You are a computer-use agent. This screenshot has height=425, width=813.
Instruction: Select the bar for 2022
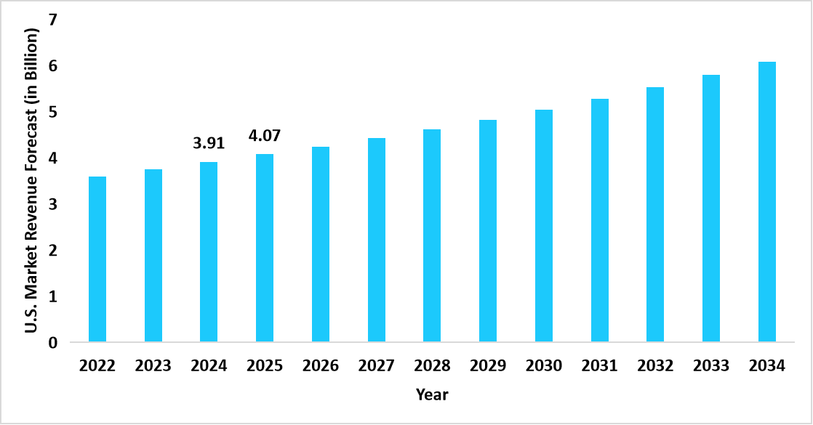point(97,259)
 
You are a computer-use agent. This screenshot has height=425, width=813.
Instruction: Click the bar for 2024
point(209,252)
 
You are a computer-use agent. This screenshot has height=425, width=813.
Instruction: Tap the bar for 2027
point(377,240)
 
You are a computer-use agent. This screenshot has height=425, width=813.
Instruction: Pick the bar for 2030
point(544,226)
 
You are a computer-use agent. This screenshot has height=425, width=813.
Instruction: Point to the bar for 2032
point(655,214)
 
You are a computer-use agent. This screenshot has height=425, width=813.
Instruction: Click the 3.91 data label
point(209,143)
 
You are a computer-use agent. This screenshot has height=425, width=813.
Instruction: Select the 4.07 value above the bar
point(265,136)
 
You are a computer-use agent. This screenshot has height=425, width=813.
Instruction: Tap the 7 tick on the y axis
point(52,20)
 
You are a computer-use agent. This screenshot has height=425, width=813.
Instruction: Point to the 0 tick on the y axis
point(52,343)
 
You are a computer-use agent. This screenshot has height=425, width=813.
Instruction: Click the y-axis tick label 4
point(52,158)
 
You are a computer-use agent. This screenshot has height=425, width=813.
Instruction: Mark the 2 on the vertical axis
point(52,251)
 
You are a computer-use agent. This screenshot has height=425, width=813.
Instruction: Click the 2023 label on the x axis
point(153,366)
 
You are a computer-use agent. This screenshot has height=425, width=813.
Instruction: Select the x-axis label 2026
point(321,366)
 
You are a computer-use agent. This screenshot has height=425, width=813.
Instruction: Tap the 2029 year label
point(488,366)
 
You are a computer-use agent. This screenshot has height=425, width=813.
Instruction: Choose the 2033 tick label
point(711,366)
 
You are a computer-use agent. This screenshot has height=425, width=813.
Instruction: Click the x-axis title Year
point(432,395)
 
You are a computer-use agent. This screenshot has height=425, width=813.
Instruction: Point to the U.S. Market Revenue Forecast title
point(31,182)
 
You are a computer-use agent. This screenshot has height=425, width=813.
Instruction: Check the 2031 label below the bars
point(599,366)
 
